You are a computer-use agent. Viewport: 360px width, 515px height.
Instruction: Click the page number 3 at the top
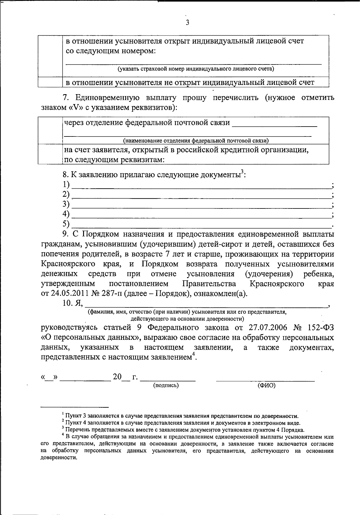[187, 23]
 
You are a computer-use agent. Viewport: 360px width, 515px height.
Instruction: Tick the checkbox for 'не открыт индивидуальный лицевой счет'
[50, 82]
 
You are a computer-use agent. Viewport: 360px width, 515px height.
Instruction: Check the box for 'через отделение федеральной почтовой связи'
[50, 130]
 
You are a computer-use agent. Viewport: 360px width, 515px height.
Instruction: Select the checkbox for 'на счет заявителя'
[50, 154]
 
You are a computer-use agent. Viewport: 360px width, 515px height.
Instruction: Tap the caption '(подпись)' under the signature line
[166, 386]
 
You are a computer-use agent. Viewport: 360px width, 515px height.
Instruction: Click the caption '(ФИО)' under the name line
[266, 386]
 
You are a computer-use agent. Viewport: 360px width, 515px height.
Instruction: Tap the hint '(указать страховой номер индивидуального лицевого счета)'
[196, 69]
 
